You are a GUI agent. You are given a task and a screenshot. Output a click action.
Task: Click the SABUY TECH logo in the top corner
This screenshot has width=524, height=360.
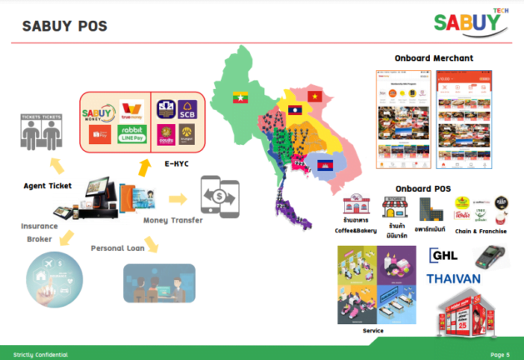point(472,24)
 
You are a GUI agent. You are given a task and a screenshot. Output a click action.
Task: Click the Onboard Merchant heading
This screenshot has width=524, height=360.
point(433,58)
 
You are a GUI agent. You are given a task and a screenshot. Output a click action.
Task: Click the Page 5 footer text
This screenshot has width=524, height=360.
point(501,354)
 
